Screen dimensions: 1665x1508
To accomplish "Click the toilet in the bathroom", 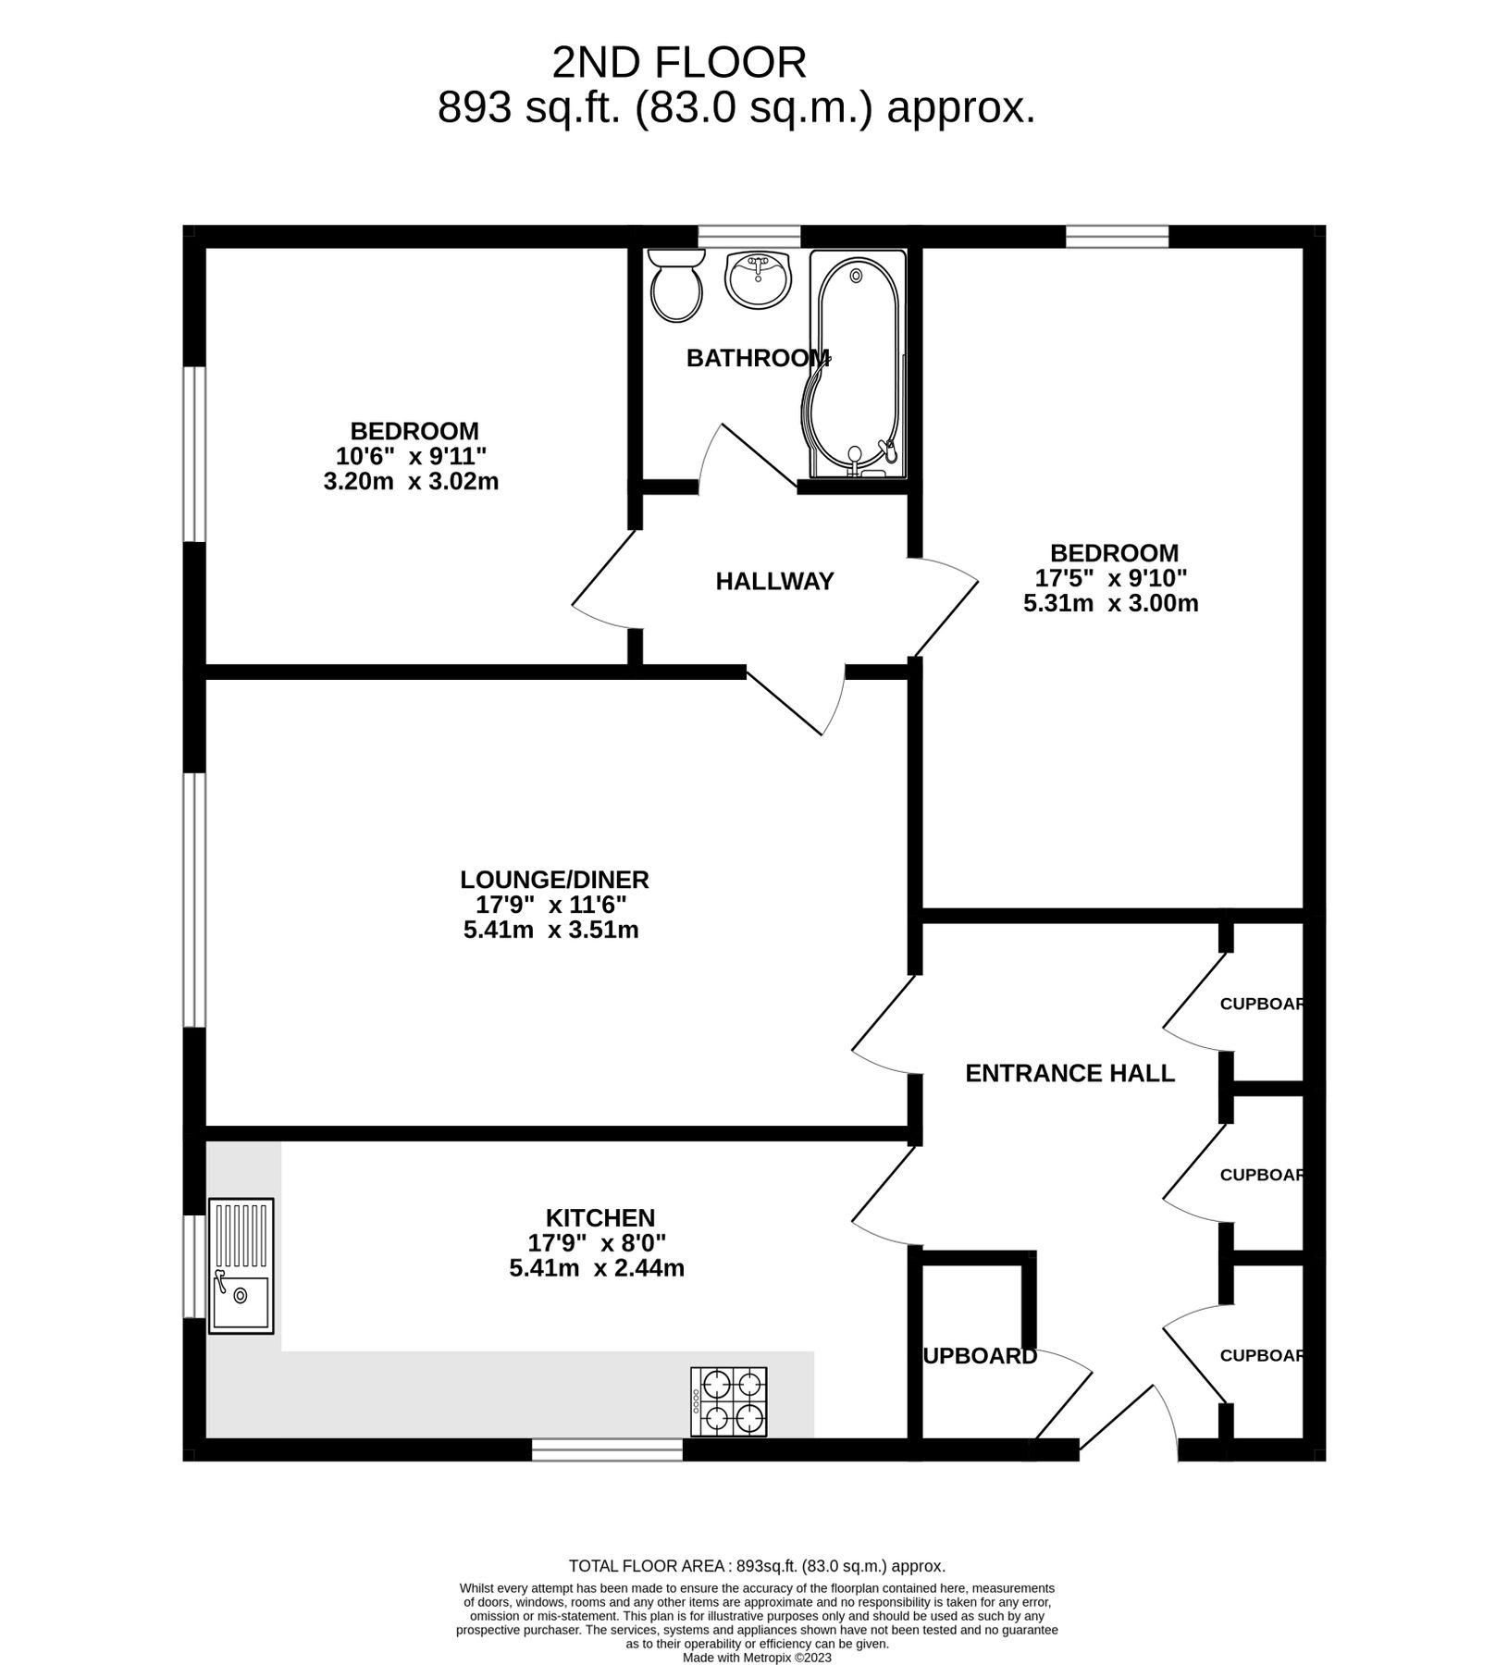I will click(676, 286).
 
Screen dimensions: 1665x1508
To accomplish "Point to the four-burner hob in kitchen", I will click(728, 1401).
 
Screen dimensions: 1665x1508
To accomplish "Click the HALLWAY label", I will click(774, 581).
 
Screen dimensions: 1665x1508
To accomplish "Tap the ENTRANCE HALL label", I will click(1069, 1073).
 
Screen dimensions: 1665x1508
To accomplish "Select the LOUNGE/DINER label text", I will click(554, 879).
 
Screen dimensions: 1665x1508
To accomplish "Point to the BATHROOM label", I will click(758, 358).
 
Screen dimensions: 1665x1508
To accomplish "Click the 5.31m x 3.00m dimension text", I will click(1110, 604).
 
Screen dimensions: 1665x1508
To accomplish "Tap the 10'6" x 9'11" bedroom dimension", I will click(412, 456).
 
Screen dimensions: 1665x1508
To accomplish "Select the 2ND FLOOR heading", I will click(679, 63).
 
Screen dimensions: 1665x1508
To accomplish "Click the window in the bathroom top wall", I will click(748, 237).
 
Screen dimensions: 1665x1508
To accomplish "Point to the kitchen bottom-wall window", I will click(607, 1449).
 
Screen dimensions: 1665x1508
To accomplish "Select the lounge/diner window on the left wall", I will click(193, 900).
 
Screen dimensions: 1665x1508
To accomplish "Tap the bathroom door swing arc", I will click(708, 453).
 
